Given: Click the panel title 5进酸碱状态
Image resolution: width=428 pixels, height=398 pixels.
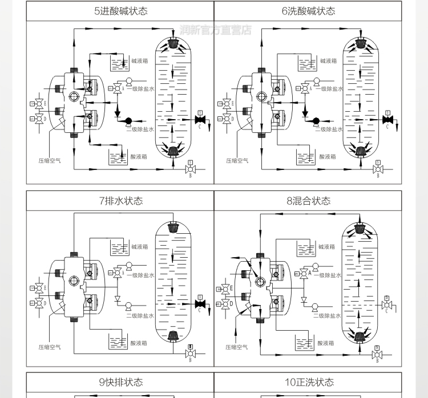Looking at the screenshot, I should pos(120,11).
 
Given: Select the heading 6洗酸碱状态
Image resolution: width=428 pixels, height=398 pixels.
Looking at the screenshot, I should pos(308,11).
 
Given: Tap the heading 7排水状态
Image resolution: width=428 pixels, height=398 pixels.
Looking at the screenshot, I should pos(120,201).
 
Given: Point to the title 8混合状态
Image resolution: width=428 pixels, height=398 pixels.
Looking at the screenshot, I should pos(308,201).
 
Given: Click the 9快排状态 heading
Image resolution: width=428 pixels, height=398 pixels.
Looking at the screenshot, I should pos(120,382).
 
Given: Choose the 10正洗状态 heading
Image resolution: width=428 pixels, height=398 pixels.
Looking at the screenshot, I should pos(308,382).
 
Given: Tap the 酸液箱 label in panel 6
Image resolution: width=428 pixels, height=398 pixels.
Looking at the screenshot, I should pos(327,156).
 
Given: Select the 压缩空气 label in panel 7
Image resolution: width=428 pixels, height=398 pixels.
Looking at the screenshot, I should pos(50,347).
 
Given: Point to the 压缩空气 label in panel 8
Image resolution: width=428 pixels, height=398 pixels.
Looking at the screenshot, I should pos(237,347).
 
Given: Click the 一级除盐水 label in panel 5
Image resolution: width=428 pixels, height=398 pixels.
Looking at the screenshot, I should pos(140,89).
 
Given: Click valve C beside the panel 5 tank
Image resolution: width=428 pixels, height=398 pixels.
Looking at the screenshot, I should pos(199,120).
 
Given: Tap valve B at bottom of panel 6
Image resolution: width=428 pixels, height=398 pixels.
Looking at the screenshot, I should pos(377,169).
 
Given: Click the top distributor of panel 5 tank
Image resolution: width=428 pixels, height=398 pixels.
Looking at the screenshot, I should pos(173,43).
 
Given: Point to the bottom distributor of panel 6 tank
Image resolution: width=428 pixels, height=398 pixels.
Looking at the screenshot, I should pos(361,151).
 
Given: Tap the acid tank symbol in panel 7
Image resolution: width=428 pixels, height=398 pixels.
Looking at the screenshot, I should pos(118,342).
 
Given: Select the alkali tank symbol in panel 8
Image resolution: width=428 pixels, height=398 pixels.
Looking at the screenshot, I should pos(305,248).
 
